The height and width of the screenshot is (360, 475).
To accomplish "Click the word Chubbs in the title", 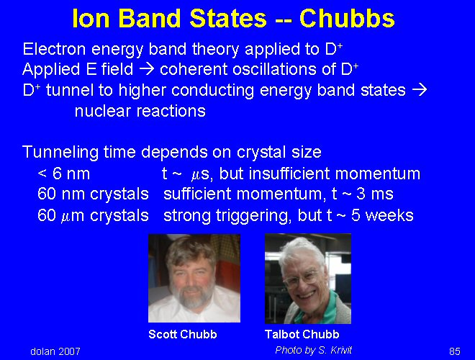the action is [x=347, y=18].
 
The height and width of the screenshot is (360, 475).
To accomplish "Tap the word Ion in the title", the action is [x=91, y=18].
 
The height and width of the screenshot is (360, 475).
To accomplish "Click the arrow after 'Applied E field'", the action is [x=147, y=69].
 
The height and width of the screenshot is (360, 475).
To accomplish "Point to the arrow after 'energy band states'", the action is [x=419, y=90].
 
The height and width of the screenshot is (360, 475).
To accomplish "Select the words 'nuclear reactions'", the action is [x=140, y=111].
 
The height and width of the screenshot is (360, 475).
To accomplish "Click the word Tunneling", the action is [x=60, y=152].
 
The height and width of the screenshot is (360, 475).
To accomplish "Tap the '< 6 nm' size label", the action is [x=63, y=174].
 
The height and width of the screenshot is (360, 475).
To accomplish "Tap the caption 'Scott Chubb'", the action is [x=183, y=334].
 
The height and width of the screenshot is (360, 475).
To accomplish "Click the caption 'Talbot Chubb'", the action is [x=302, y=334].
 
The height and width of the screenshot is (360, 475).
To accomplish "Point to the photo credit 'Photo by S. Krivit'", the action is [x=314, y=351].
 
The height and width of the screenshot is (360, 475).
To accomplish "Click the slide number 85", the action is [x=455, y=351].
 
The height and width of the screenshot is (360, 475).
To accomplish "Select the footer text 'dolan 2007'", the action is [x=55, y=351].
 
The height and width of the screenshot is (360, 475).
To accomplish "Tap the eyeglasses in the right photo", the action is [x=300, y=279].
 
